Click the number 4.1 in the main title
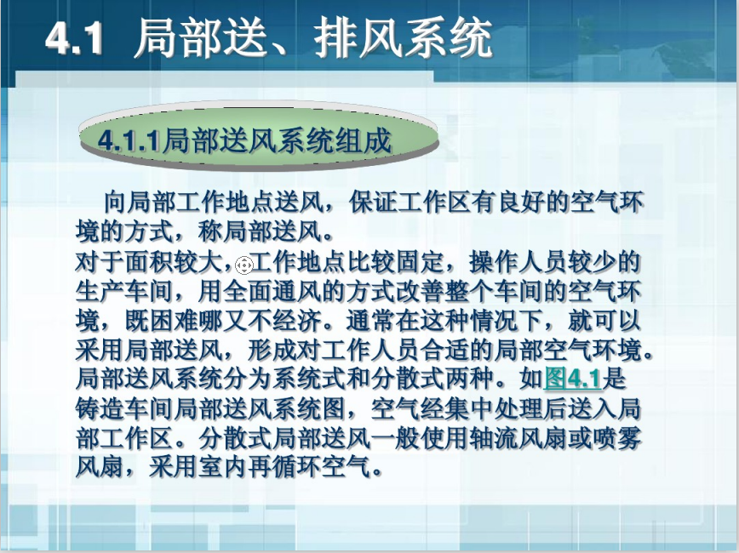pyautogui.click(x=74, y=38)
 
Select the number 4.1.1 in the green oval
pyautogui.click(x=129, y=140)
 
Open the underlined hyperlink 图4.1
pyautogui.click(x=573, y=379)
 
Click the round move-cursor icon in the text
pyautogui.click(x=243, y=265)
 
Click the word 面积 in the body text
pyautogui.click(x=149, y=261)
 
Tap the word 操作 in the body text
pyautogui.click(x=494, y=261)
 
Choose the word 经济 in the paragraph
pyautogui.click(x=297, y=320)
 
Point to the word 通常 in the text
pyautogui.click(x=371, y=320)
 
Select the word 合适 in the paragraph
pyautogui.click(x=445, y=350)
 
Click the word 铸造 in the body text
pyautogui.click(x=100, y=408)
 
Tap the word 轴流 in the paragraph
pyautogui.click(x=494, y=438)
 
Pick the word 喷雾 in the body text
pyautogui.click(x=617, y=438)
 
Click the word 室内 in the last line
pyautogui.click(x=223, y=467)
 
